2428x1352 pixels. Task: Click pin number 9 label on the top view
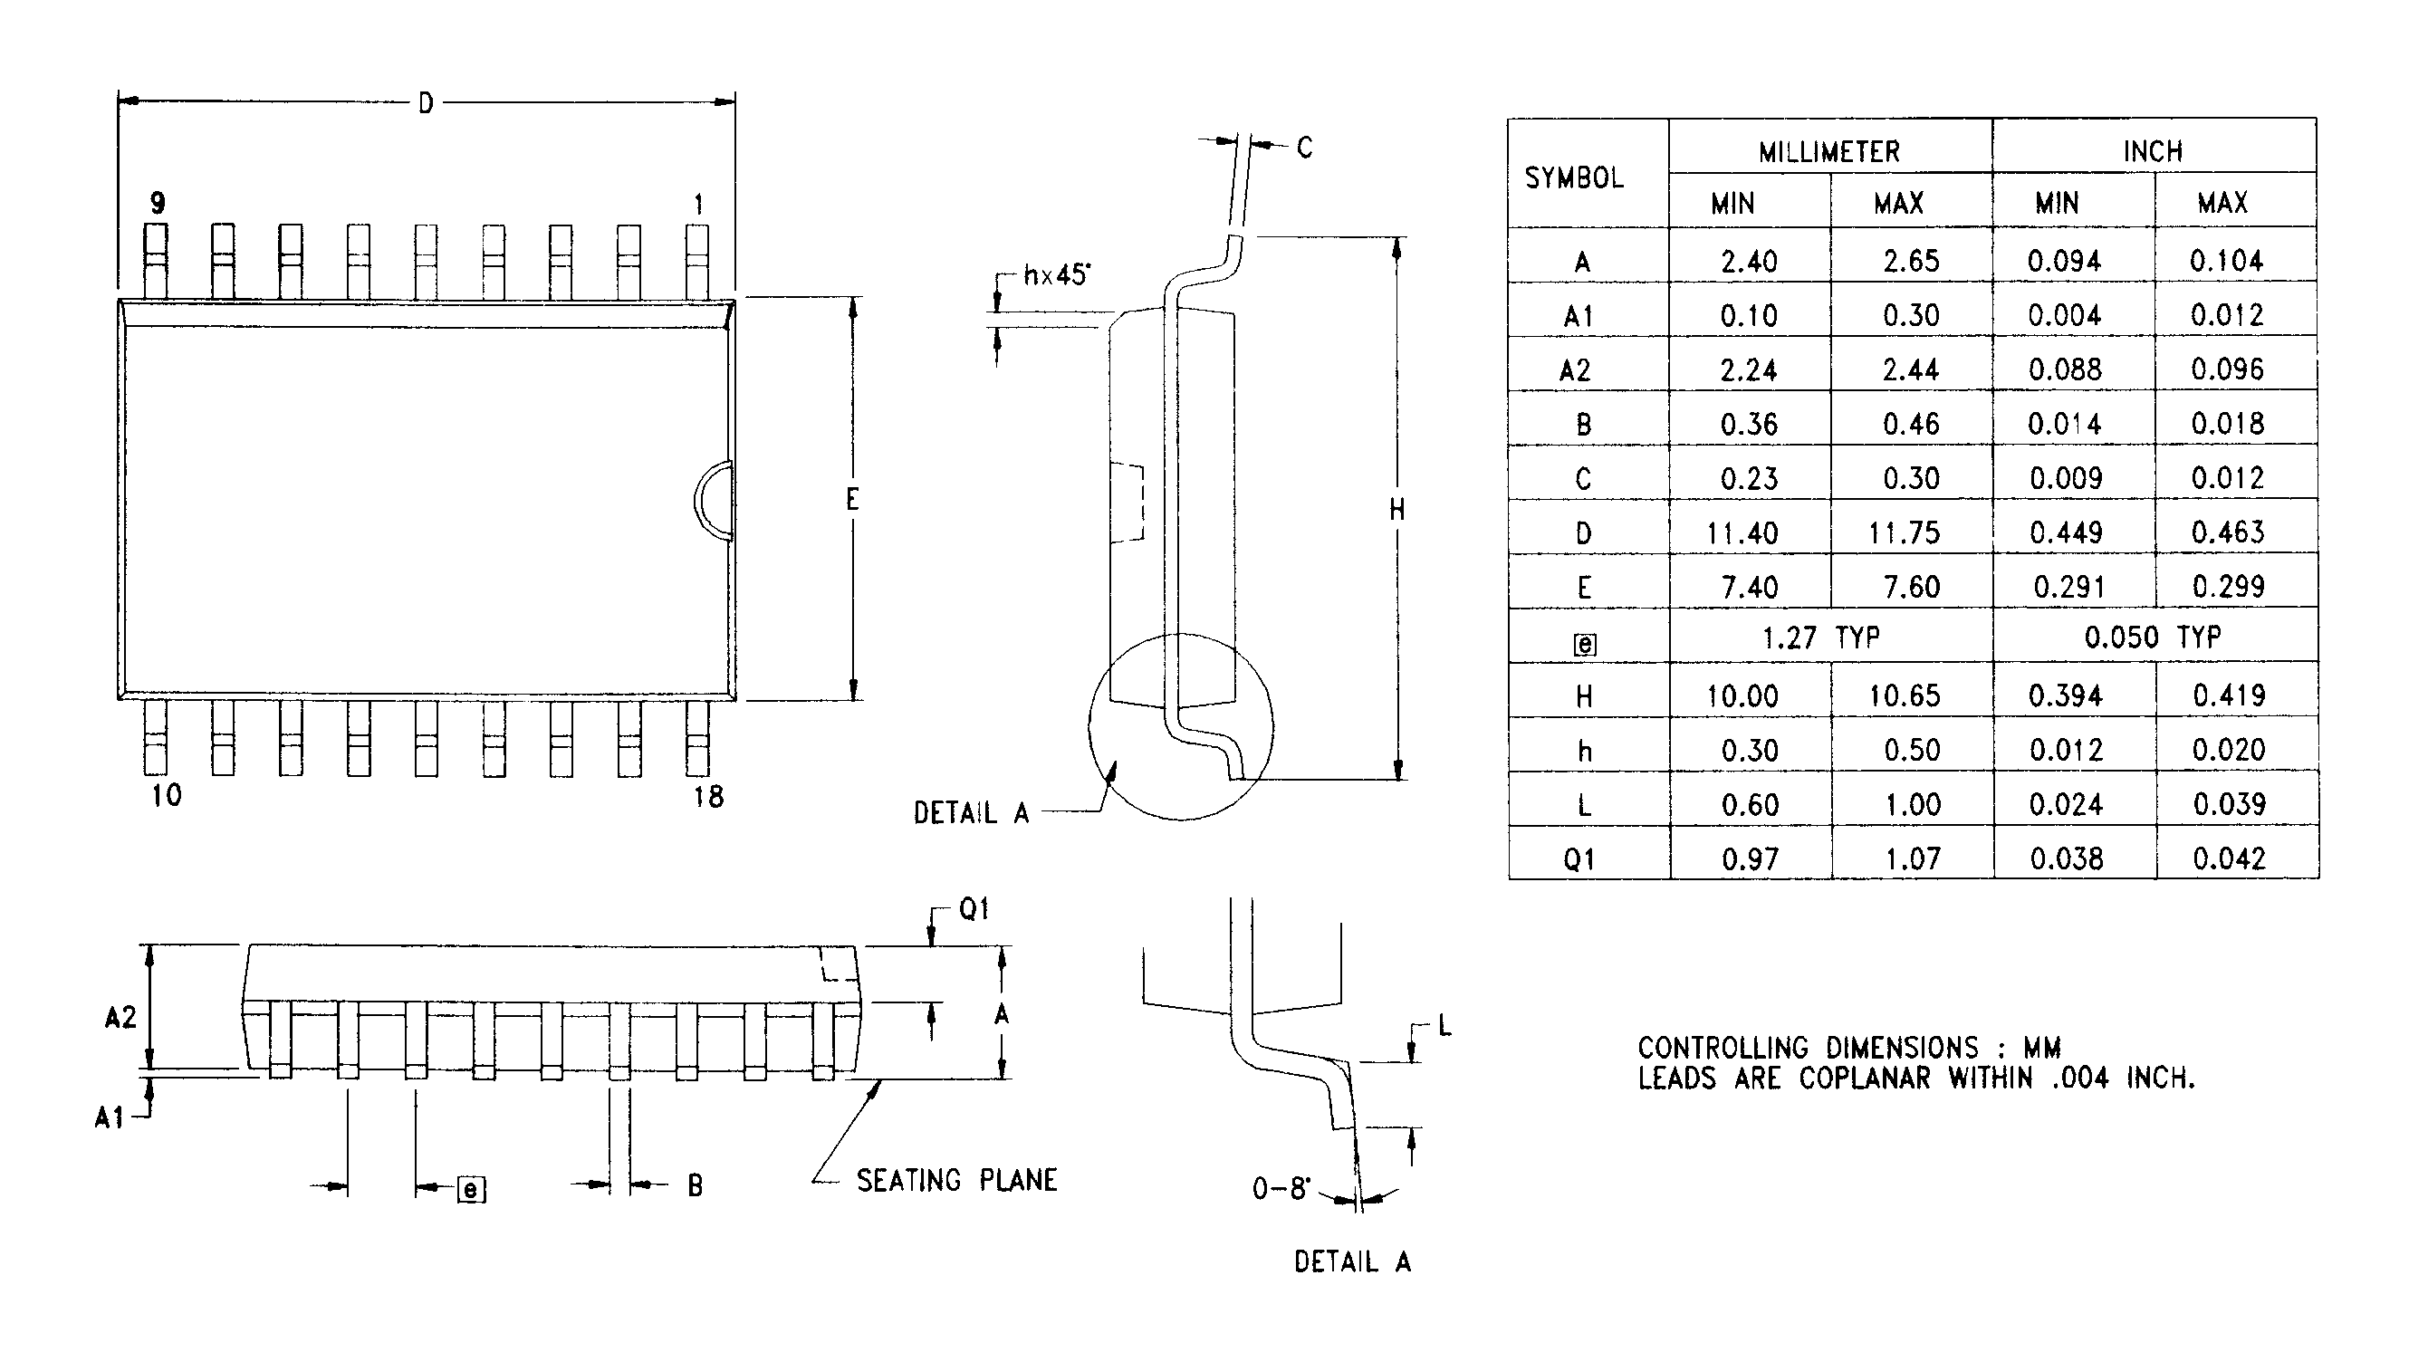click(158, 203)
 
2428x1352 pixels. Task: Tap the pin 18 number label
click(708, 797)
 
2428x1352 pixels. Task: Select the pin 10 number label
click(166, 795)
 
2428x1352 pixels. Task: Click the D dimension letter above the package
click(426, 103)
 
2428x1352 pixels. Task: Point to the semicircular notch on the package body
click(715, 500)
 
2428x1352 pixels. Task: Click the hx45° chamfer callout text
click(1057, 275)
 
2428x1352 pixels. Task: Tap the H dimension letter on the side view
click(1396, 510)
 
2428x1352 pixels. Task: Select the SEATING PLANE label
click(956, 1181)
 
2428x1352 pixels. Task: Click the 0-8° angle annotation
click(1281, 1189)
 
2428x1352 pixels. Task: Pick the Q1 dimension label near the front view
click(974, 909)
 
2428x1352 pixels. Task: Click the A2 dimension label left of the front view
click(120, 1018)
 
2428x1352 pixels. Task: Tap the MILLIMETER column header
click(1828, 152)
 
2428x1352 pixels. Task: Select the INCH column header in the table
click(2153, 152)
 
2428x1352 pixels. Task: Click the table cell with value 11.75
click(1904, 533)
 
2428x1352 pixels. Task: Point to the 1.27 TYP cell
click(1821, 638)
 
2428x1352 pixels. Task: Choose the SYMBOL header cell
click(1574, 178)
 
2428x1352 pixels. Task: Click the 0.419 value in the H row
click(2228, 695)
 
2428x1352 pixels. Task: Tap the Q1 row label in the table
click(1579, 859)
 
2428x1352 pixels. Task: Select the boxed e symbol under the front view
click(470, 1189)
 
